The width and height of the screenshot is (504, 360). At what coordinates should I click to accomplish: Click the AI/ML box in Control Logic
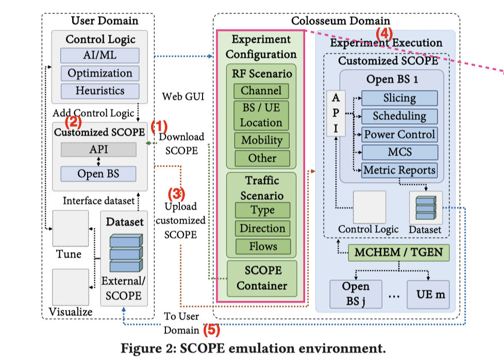click(x=99, y=55)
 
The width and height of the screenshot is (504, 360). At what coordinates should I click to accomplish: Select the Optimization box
click(x=99, y=73)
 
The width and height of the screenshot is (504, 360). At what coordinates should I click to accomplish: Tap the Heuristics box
click(x=99, y=91)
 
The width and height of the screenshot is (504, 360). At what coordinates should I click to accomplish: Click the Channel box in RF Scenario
click(x=261, y=91)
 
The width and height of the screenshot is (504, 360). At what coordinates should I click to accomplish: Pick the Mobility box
click(x=262, y=140)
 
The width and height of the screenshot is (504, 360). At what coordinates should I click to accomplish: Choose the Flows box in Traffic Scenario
click(x=263, y=246)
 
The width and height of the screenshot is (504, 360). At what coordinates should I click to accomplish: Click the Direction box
click(x=263, y=228)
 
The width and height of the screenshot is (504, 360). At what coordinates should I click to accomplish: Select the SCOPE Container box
click(x=262, y=277)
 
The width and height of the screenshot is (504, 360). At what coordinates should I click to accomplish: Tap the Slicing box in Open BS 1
click(x=399, y=98)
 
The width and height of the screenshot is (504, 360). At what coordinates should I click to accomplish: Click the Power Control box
click(x=399, y=134)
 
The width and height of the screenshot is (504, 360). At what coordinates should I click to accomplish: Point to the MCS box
click(x=399, y=152)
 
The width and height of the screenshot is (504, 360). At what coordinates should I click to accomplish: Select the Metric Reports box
click(x=399, y=170)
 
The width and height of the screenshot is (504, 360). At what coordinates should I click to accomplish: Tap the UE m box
click(x=427, y=296)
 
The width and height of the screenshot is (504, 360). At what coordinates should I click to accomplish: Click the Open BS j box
click(x=356, y=294)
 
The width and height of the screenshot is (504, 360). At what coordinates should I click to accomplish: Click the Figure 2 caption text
click(x=253, y=348)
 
